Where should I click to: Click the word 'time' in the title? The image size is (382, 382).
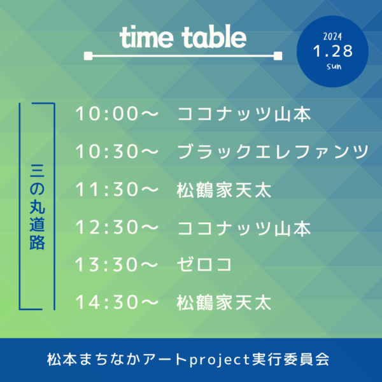tap(146, 38)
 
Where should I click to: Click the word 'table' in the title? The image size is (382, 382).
tap(214, 36)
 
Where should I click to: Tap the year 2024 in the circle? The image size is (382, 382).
tap(332, 37)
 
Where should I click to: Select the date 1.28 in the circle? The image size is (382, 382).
tap(333, 51)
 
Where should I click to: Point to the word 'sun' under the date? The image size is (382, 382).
tap(334, 66)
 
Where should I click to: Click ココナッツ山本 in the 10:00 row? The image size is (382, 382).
tap(244, 114)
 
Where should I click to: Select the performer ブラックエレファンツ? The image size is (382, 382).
tap(273, 152)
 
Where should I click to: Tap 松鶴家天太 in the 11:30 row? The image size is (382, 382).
tap(224, 190)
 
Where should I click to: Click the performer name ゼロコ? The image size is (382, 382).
tap(204, 265)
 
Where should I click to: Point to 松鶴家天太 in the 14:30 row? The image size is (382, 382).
tap(224, 303)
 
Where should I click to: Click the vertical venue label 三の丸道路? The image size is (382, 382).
tap(38, 207)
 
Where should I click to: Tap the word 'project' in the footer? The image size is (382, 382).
tap(220, 360)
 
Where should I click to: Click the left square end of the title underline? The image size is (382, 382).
tap(88, 56)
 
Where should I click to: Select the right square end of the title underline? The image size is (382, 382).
tap(278, 56)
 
